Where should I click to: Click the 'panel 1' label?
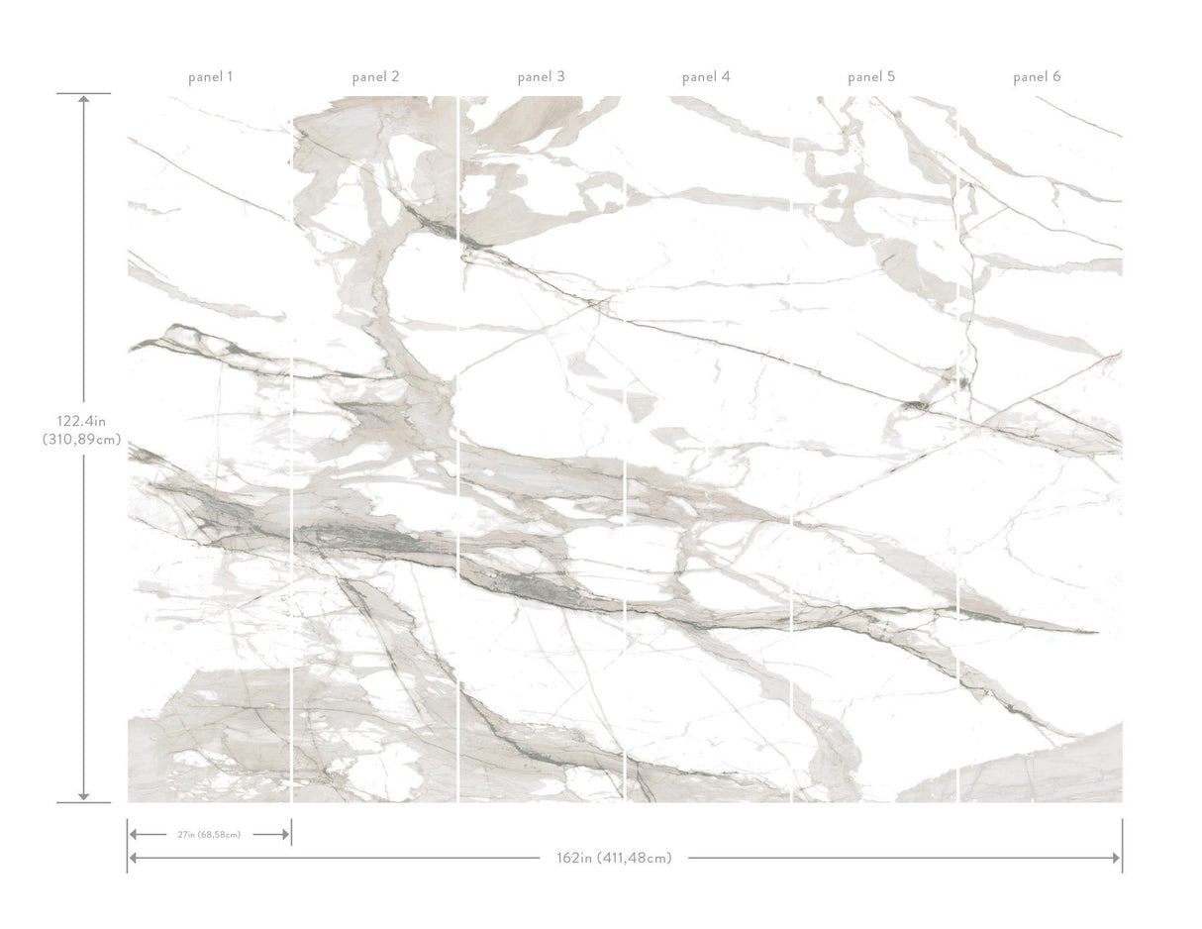point(210,76)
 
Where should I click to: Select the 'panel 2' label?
point(375,76)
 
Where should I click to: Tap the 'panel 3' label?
point(541,76)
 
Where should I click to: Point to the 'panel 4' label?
point(706,76)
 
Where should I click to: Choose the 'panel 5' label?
point(871,76)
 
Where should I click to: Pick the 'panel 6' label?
point(1037,76)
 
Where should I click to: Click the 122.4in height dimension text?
point(83,419)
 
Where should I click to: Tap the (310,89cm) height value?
point(83,440)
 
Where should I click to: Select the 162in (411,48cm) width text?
point(614,858)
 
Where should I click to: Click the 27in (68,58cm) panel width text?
point(209,835)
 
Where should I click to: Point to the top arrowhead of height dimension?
point(83,99)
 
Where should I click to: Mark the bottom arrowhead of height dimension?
point(83,795)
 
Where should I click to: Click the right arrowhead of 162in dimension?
point(1116,858)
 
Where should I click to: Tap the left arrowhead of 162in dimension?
point(134,858)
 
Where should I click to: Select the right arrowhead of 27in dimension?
point(285,835)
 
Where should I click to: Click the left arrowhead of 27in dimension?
point(134,835)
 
